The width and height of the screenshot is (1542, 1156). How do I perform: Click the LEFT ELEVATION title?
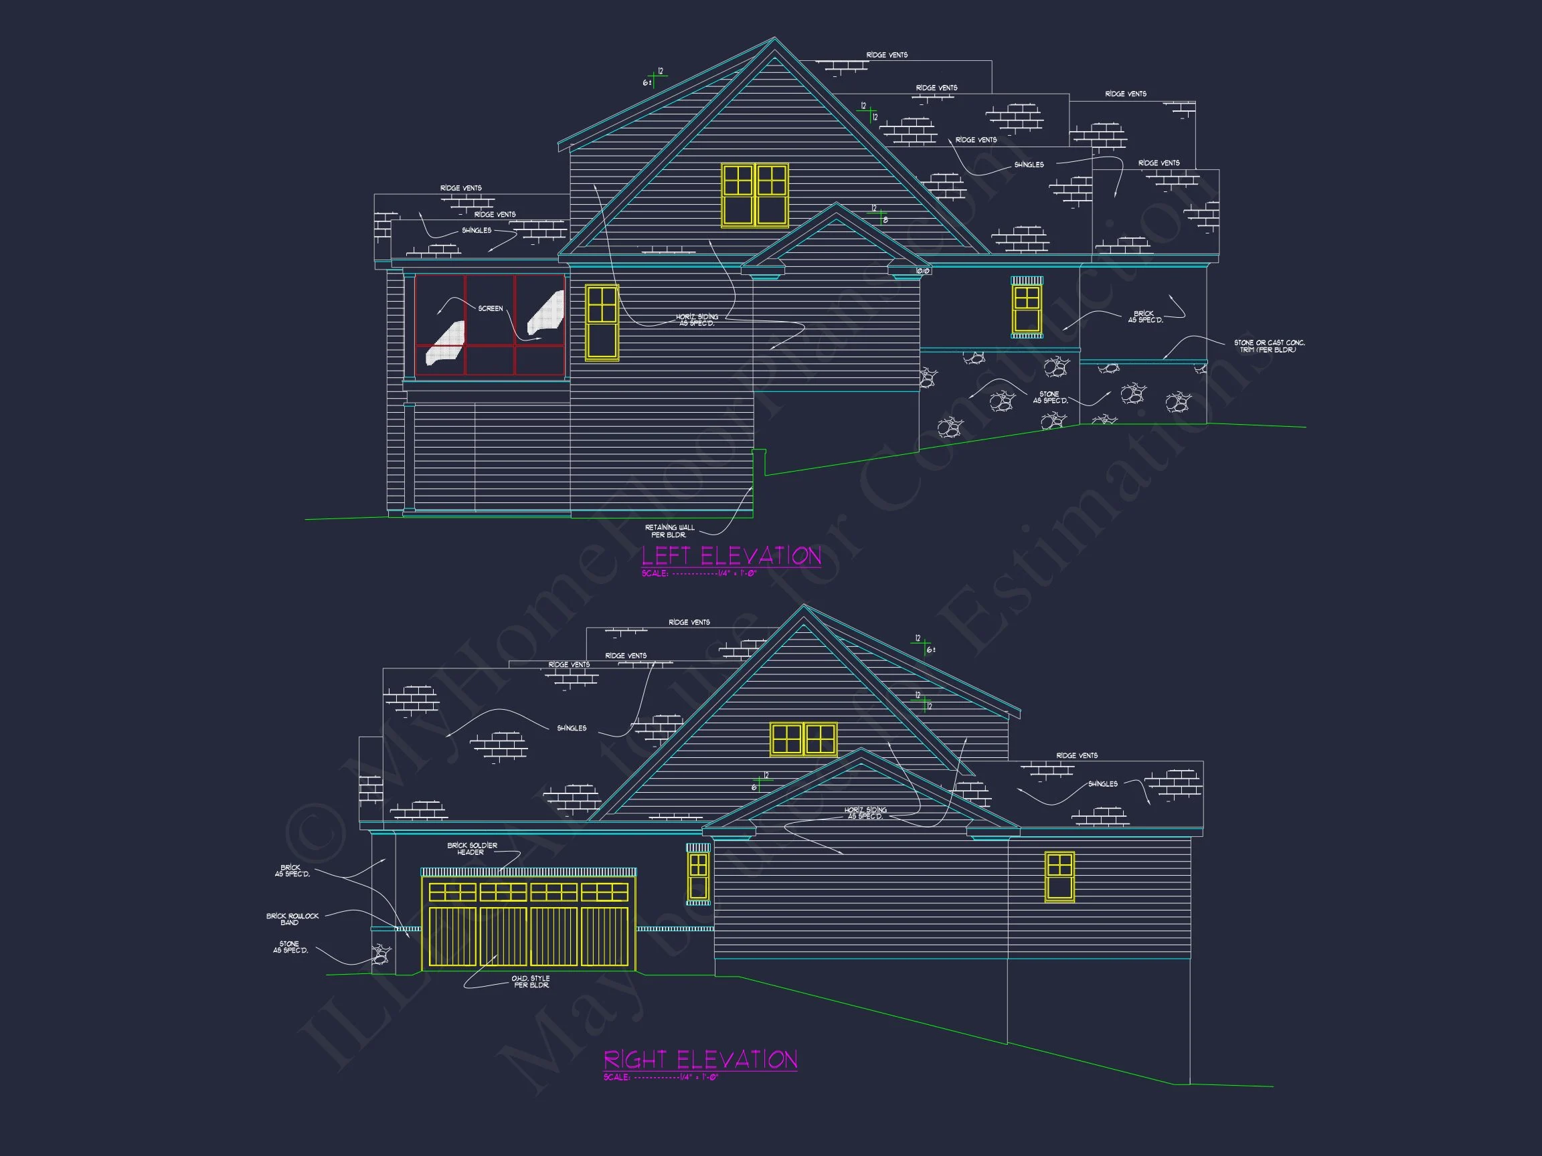pos(732,556)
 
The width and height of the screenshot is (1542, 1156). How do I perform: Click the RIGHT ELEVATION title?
pos(700,1060)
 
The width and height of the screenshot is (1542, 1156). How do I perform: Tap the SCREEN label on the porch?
pos(490,308)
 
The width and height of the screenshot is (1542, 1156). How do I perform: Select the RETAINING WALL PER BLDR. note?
pos(669,531)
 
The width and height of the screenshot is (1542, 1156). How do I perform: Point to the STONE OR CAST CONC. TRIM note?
pos(1269,347)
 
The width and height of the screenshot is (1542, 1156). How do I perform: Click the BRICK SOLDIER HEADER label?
pos(472,849)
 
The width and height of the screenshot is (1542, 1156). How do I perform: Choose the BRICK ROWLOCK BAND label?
pos(292,919)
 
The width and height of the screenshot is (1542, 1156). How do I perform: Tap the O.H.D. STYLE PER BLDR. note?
pos(531,982)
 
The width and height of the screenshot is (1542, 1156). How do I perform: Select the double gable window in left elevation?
pos(755,195)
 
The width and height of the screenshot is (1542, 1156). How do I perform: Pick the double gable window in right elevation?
pos(803,739)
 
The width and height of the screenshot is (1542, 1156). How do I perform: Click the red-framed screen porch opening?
pos(489,325)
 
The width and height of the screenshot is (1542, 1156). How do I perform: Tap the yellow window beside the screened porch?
pos(602,322)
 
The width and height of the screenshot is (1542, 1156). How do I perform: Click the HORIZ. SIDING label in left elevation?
pos(697,320)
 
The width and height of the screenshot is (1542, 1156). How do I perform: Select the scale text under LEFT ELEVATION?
pos(699,573)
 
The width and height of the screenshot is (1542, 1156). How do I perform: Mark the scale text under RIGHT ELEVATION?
pos(660,1077)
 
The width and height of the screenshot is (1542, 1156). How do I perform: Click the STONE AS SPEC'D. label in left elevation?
pos(1050,397)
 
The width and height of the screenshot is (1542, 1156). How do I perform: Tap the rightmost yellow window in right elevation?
pos(1059,876)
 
